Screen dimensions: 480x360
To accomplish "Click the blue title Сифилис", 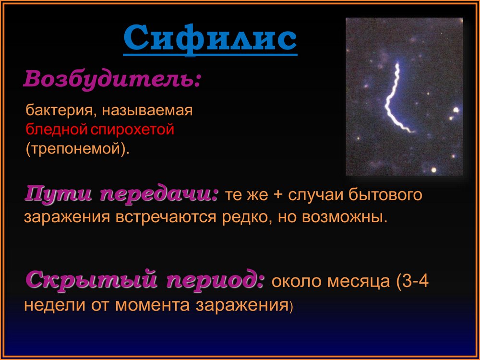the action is [x=210, y=39].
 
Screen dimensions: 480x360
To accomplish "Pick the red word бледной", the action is [x=57, y=129].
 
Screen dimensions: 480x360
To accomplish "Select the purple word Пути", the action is [x=58, y=194].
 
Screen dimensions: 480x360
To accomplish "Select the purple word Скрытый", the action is [x=91, y=279].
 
